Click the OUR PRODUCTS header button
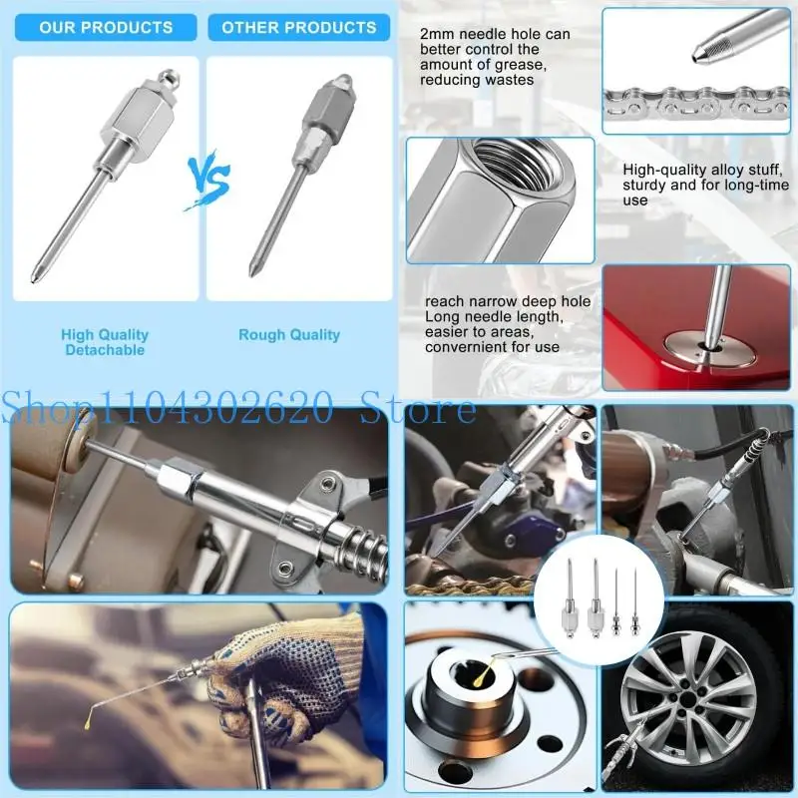coord(105,27)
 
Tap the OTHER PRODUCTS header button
coord(299,27)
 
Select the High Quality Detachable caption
coord(105,342)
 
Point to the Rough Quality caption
coord(289,335)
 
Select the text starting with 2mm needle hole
coord(495,57)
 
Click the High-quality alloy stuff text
coord(705,185)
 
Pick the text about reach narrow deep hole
coord(508,324)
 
